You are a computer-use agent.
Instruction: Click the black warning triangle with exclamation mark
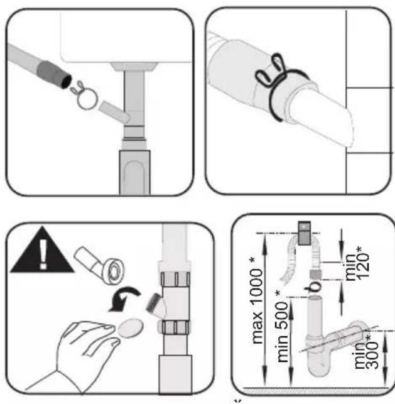click(x=42, y=254)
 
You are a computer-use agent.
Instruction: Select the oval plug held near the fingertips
click(x=131, y=328)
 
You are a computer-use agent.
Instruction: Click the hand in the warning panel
click(x=77, y=353)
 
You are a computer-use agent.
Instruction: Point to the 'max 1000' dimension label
click(x=257, y=301)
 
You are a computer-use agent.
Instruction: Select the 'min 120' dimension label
click(x=357, y=263)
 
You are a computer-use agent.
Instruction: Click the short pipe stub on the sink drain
click(x=114, y=112)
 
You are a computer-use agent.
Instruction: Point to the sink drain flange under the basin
click(x=134, y=67)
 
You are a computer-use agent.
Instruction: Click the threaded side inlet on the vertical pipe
click(x=156, y=306)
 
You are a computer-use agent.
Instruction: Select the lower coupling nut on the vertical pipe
click(x=174, y=327)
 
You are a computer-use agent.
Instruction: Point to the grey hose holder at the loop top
click(x=305, y=232)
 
